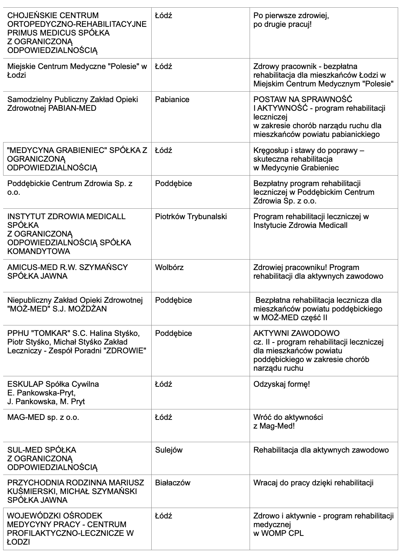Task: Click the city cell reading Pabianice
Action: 172,100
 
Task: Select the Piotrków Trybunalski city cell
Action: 191,216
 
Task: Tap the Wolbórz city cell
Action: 169,267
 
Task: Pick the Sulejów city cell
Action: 169,450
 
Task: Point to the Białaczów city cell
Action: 173,483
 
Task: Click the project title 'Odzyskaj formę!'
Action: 282,384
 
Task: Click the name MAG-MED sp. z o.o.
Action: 43,417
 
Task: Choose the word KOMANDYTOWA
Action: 39,252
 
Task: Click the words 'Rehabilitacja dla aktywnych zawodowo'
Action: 321,450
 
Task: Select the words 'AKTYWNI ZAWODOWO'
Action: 296,333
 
